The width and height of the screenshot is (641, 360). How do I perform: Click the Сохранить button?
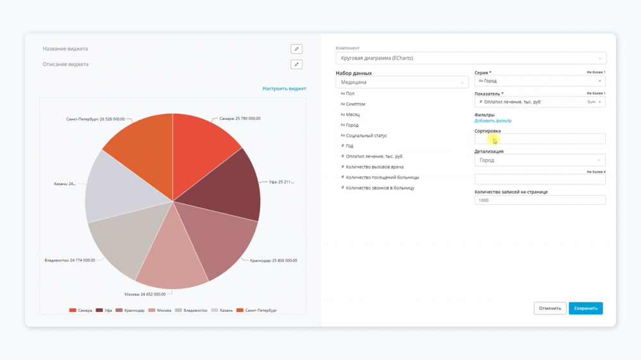click(585, 308)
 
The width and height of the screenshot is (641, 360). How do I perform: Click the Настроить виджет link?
click(284, 88)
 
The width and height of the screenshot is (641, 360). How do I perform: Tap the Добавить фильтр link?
click(492, 120)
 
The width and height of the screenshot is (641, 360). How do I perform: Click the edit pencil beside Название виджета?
click(296, 49)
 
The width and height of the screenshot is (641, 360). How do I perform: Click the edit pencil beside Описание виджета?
click(296, 64)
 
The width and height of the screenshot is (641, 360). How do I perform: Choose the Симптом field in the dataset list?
click(355, 104)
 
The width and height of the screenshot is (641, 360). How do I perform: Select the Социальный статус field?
click(366, 135)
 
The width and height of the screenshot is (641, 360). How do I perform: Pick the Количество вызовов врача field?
click(374, 167)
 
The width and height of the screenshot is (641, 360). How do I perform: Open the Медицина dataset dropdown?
click(402, 82)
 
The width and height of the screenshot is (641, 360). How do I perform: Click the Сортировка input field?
click(540, 139)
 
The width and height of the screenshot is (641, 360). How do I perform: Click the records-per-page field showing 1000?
click(540, 200)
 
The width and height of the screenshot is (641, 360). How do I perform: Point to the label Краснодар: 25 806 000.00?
click(273, 261)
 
